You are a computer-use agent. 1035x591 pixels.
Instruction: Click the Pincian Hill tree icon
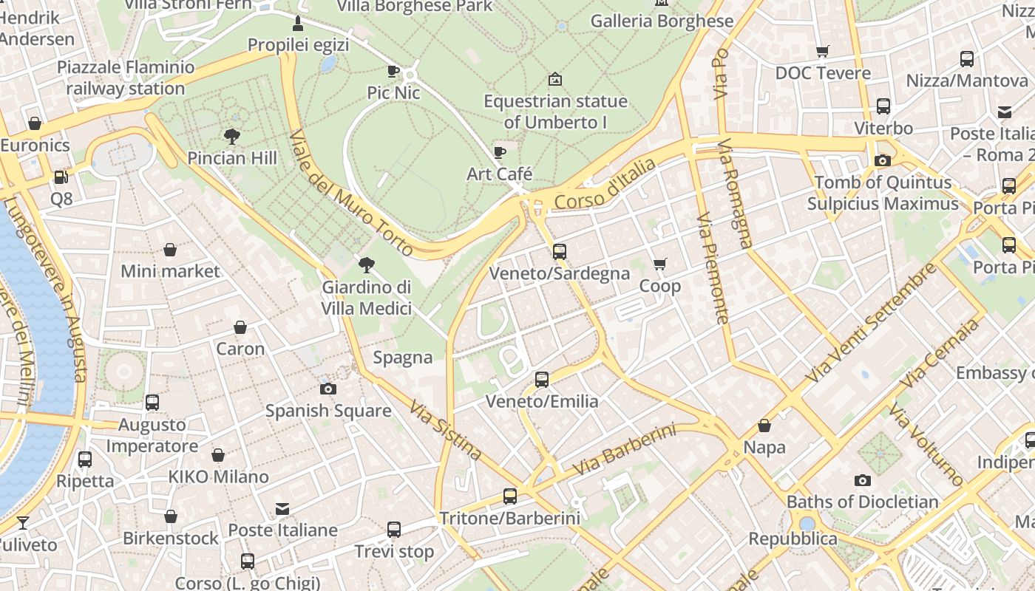(x=232, y=136)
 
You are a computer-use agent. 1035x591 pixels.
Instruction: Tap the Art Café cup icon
(x=500, y=152)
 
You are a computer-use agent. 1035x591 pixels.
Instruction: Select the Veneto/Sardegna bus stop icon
(x=560, y=252)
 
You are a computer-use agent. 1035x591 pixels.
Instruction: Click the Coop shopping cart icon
(x=660, y=264)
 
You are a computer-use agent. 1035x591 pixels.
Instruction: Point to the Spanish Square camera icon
(x=328, y=389)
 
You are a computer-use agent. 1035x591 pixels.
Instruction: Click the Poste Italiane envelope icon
(x=282, y=508)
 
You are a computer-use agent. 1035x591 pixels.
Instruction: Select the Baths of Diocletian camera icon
(x=862, y=480)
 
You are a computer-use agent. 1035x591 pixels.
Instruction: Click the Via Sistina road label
(x=446, y=430)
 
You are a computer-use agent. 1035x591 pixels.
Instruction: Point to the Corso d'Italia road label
(x=605, y=183)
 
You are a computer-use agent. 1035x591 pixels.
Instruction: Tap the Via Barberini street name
(x=625, y=450)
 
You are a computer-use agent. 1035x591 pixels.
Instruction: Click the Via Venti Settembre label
(x=870, y=323)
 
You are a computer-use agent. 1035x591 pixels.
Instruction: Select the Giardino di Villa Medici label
(x=367, y=297)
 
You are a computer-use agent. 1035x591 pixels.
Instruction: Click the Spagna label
(x=403, y=358)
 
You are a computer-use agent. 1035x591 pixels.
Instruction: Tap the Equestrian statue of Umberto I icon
(x=555, y=79)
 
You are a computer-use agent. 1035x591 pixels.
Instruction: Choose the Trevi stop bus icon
(x=394, y=530)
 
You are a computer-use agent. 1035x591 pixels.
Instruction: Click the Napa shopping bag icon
(x=764, y=426)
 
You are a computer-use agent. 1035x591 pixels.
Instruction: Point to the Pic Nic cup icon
(x=393, y=71)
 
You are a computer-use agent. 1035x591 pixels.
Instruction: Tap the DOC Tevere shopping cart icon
(x=822, y=51)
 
